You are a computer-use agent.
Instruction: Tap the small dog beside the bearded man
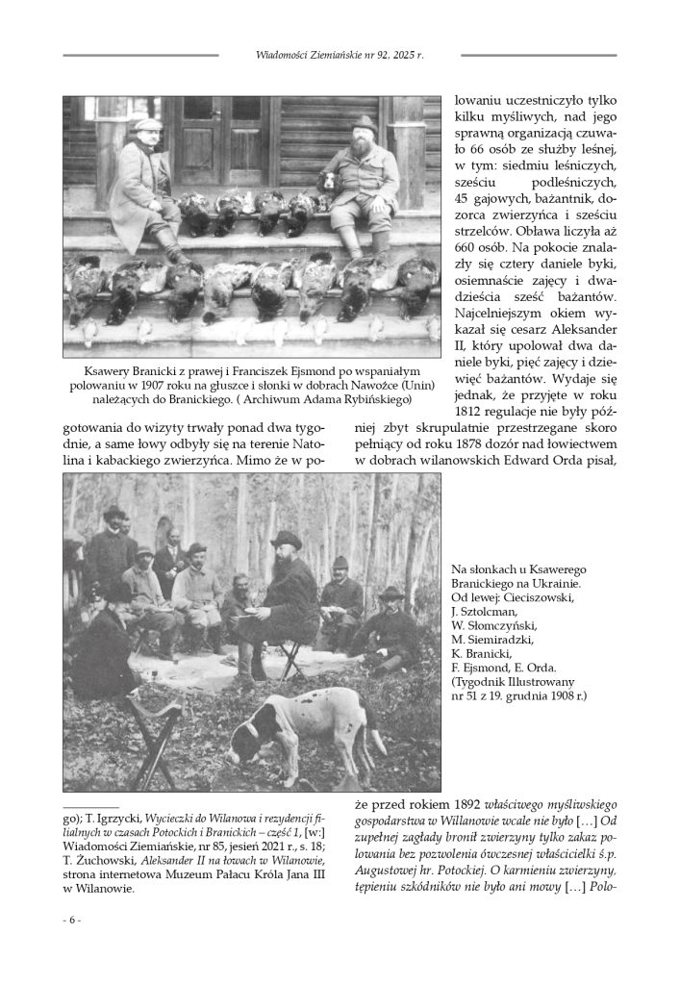point(328,184)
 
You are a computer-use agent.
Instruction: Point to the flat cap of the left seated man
point(146,124)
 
